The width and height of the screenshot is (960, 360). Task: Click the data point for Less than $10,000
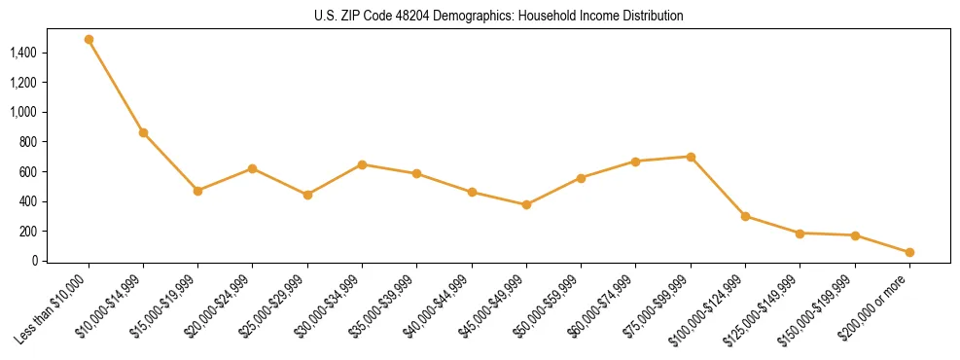pyautogui.click(x=89, y=40)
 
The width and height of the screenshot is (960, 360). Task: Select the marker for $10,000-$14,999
pyautogui.click(x=143, y=132)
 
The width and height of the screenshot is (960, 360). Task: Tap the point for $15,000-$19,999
pyautogui.click(x=197, y=191)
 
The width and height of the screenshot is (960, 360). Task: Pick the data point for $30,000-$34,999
pyautogui.click(x=362, y=164)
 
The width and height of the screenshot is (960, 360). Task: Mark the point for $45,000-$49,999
pyautogui.click(x=526, y=204)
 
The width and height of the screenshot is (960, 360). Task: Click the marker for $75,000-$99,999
pyautogui.click(x=691, y=157)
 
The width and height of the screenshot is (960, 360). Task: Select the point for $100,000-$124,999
pyautogui.click(x=745, y=216)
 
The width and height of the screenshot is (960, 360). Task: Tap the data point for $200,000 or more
pyautogui.click(x=909, y=252)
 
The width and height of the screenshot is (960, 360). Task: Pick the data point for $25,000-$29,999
pyautogui.click(x=307, y=195)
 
